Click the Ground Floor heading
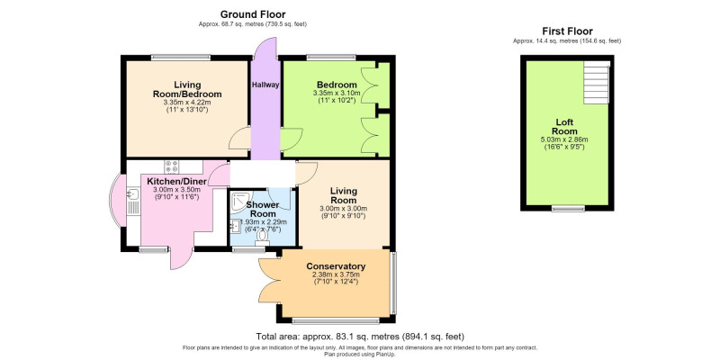(x=253, y=14)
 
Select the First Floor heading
(x=567, y=31)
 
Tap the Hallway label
(x=265, y=85)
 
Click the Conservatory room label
(x=336, y=266)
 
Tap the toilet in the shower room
(x=263, y=236)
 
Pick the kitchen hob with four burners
(x=172, y=166)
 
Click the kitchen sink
(x=132, y=194)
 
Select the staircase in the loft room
(x=597, y=83)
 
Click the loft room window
(x=568, y=208)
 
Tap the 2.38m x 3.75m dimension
(x=336, y=274)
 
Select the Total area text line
(x=359, y=336)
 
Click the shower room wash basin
(x=235, y=226)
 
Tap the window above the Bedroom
(x=331, y=58)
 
